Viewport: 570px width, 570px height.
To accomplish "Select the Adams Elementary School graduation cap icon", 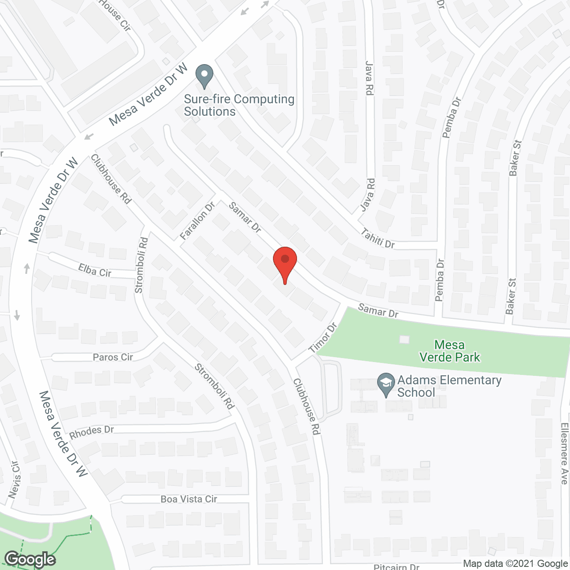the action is (x=386, y=385).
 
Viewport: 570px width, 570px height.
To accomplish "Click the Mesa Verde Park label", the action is (x=450, y=351).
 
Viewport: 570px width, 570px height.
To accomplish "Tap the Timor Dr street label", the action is (x=323, y=338).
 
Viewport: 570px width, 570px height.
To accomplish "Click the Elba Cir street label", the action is (x=94, y=270).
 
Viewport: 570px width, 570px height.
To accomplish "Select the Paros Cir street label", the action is (x=113, y=357).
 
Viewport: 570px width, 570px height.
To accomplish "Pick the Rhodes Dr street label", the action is (x=91, y=432).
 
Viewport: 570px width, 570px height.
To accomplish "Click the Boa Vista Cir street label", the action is (x=189, y=499).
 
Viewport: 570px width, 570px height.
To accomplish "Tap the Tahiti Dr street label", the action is (x=378, y=238).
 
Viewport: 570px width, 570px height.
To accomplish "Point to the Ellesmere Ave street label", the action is (x=564, y=453).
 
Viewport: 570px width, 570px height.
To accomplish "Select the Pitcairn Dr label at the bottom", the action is (x=396, y=567).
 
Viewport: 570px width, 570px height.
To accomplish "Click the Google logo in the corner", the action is (x=30, y=559).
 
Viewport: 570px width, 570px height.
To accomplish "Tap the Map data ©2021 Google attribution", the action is (x=515, y=564).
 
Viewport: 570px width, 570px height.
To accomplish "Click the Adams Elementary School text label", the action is (x=449, y=386).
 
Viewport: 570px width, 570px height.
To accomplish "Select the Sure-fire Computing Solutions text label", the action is (x=239, y=105).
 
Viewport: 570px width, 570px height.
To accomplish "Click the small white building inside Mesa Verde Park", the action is (x=404, y=340).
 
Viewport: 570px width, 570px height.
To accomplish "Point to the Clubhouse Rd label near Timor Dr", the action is (x=306, y=406).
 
